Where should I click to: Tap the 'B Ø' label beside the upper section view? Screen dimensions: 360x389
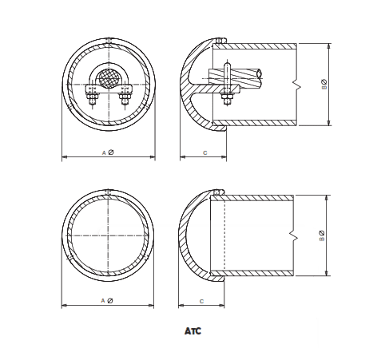pyautogui.click(x=324, y=84)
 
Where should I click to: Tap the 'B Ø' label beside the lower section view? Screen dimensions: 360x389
pyautogui.click(x=322, y=235)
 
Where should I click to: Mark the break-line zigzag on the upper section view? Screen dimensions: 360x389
pyautogui.click(x=296, y=83)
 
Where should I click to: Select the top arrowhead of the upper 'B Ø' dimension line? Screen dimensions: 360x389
pyautogui.click(x=329, y=44)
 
